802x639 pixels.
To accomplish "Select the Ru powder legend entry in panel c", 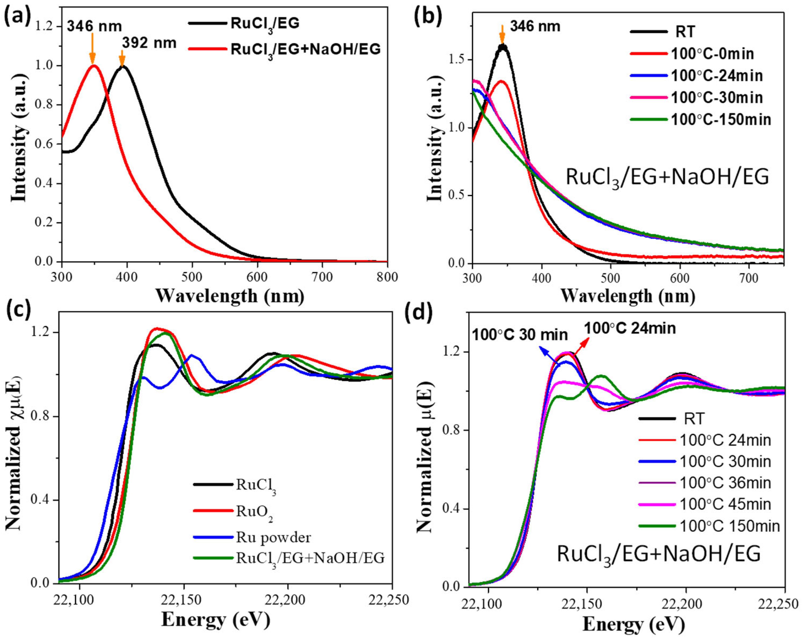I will pyautogui.click(x=273, y=537).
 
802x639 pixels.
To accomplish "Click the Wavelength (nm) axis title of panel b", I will pyautogui.click(x=628, y=296).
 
